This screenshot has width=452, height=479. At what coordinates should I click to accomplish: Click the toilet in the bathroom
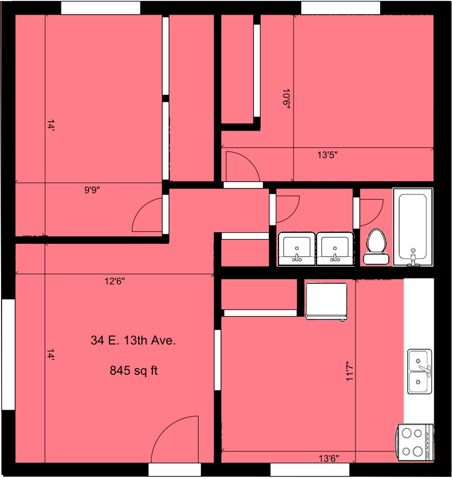tap(376, 246)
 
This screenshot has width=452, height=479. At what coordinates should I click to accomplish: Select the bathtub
tap(413, 227)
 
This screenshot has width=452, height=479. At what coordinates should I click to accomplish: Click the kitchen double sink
tap(420, 371)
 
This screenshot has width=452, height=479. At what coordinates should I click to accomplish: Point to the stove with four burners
tap(416, 442)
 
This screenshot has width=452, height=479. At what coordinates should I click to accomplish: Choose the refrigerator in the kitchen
tap(326, 301)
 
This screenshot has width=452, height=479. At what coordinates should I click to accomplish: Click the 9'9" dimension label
tap(92, 190)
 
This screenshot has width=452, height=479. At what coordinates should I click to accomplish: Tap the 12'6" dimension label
tap(115, 281)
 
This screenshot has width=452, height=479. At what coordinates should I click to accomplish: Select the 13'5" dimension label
tap(327, 155)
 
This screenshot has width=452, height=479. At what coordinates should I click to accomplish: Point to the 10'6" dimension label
tap(286, 99)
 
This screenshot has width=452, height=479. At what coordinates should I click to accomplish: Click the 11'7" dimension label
tap(349, 371)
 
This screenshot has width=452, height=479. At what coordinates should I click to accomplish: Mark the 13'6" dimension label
tap(329, 458)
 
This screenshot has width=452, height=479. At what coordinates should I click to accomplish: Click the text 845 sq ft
tap(133, 371)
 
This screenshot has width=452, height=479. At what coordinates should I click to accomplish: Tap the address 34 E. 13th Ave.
tap(133, 341)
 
